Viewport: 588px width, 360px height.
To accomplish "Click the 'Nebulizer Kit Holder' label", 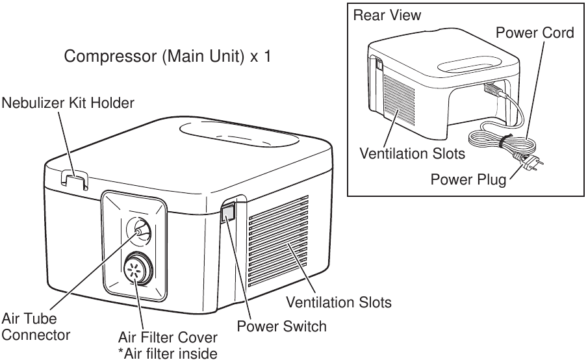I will (68, 103).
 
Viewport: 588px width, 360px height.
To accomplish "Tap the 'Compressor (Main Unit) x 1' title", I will (166, 57).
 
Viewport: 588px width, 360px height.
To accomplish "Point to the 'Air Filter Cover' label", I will (168, 339).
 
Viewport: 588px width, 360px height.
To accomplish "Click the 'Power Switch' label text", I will (281, 326).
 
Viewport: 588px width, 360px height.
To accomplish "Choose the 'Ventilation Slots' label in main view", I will (339, 302).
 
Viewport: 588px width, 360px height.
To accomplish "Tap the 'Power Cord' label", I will (535, 32).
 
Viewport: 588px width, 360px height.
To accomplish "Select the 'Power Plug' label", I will (468, 178).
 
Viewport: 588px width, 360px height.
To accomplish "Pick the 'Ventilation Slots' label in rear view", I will (413, 154).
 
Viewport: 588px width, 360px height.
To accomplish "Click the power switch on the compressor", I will (229, 212).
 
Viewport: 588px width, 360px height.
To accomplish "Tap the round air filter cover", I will (136, 268).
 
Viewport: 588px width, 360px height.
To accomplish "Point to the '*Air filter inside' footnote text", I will (168, 353).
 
